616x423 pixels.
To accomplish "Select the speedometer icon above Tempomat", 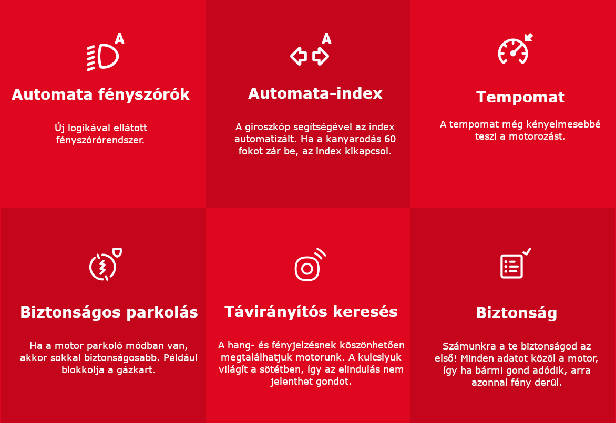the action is [x=515, y=49].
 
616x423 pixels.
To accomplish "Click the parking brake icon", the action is [x=105, y=265].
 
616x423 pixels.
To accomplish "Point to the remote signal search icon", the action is [x=310, y=265].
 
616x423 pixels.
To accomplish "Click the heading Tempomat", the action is [x=520, y=97].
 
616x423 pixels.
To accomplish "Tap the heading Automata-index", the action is [x=315, y=93].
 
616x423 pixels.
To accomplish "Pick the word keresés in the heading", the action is [x=365, y=312].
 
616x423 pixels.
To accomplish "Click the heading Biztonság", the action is [x=516, y=313].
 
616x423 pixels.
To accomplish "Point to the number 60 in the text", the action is [x=389, y=139].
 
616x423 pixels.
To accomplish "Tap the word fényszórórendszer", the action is [x=100, y=140].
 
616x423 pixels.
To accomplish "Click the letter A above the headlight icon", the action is [x=119, y=38].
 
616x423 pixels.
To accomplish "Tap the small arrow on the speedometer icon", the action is [x=529, y=37].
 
